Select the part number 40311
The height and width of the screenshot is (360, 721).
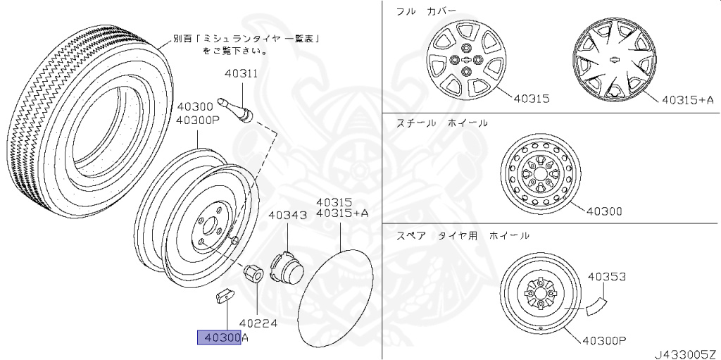[241, 73]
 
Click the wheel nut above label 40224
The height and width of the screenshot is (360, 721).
[253, 271]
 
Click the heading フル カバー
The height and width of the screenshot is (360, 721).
[427, 11]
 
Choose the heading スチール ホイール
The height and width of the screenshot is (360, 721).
[441, 123]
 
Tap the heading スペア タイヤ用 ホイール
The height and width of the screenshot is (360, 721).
[462, 235]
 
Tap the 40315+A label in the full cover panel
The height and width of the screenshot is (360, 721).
[687, 99]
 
